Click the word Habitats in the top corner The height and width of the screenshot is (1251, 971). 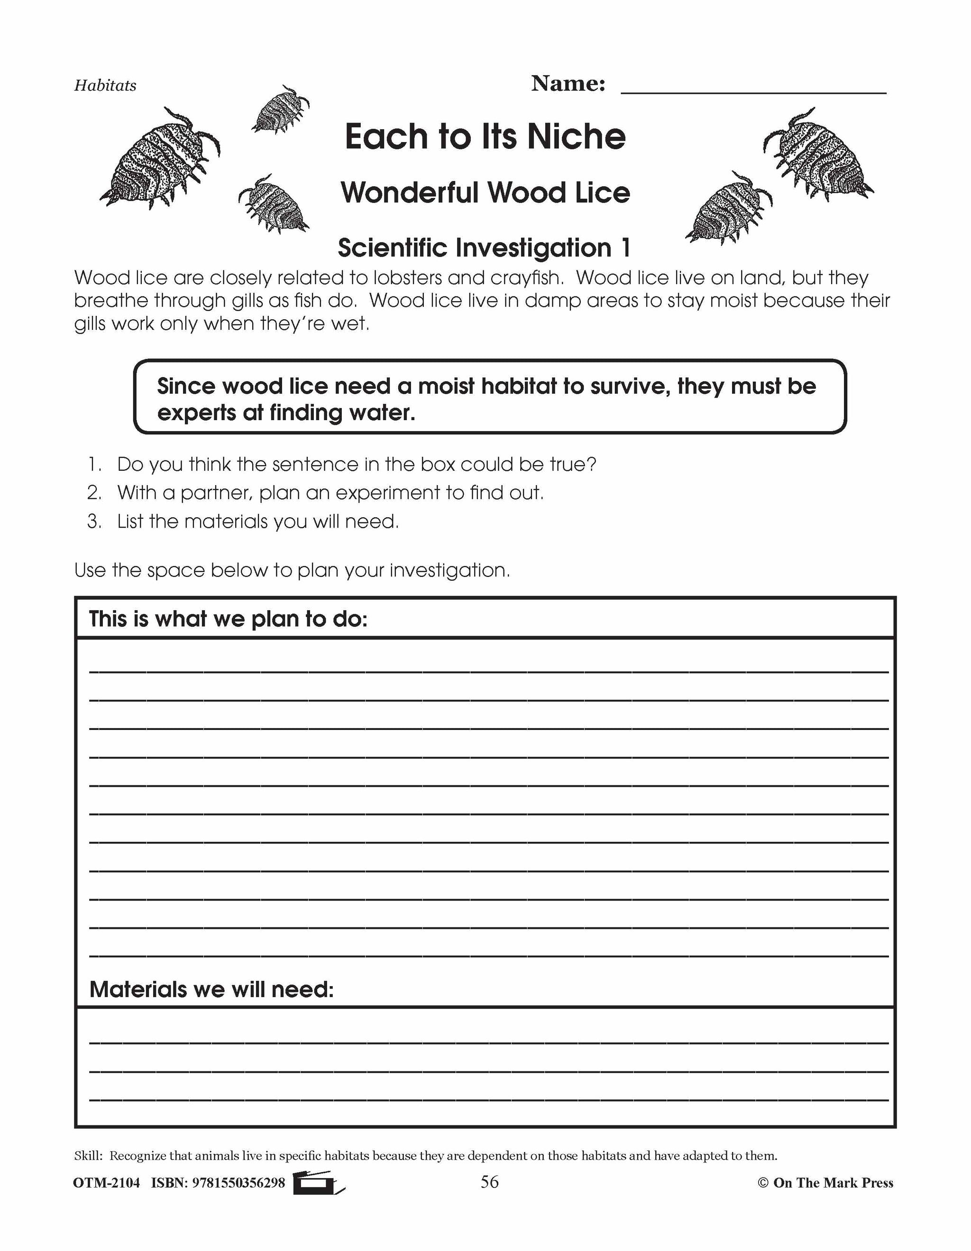(x=105, y=85)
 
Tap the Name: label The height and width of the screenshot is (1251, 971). (x=568, y=84)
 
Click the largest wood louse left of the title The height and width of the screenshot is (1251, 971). (x=160, y=158)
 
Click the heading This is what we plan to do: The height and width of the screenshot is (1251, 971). (x=228, y=619)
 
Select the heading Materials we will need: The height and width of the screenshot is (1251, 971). (x=211, y=989)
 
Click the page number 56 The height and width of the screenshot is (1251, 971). (x=489, y=1182)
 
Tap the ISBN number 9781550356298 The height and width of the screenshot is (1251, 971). (x=238, y=1183)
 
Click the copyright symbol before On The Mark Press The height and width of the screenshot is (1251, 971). (x=762, y=1183)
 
